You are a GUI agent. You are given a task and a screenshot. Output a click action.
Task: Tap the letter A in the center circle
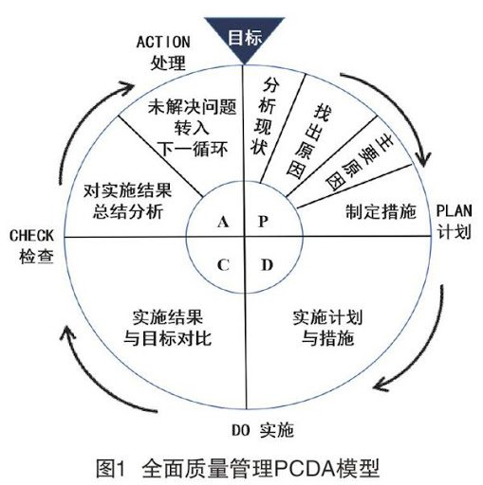[224, 222]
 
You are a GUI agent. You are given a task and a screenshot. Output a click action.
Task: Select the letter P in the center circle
[265, 222]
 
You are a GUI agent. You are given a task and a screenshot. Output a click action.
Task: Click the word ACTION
[165, 42]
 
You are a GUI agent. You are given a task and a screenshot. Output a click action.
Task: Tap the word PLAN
[454, 209]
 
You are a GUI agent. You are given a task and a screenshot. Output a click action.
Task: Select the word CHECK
[31, 233]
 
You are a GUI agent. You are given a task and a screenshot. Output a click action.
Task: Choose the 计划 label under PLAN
[454, 230]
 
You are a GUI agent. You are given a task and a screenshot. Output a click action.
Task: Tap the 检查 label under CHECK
[31, 254]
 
